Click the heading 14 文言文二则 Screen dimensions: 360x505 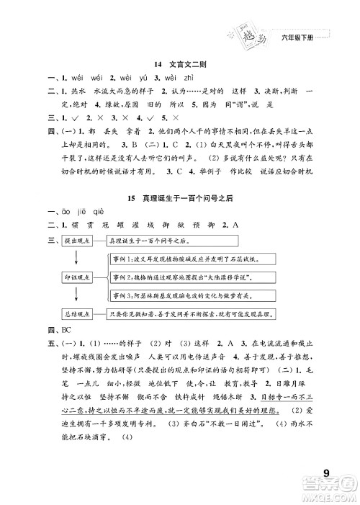point(180,64)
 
